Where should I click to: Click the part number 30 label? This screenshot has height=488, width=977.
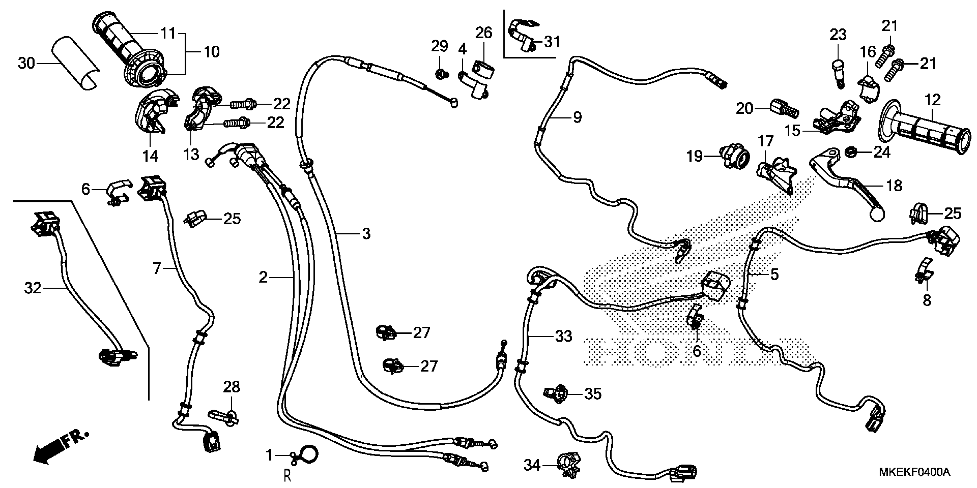point(26,63)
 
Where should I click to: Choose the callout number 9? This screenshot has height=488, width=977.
point(577,117)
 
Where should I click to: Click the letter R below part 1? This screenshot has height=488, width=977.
point(287,475)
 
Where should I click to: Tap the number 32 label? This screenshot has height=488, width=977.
point(33,288)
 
